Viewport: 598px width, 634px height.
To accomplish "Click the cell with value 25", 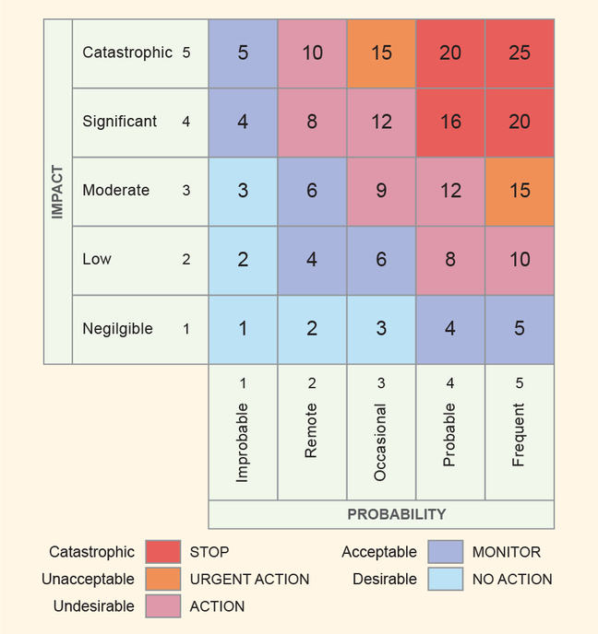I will (520, 53).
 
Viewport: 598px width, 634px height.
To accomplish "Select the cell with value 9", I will (381, 191).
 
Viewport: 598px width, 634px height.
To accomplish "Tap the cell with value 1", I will (243, 329).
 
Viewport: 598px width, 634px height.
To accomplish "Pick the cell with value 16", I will (450, 122).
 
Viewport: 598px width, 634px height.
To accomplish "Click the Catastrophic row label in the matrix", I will (127, 53).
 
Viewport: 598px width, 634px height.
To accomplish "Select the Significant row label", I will (120, 122).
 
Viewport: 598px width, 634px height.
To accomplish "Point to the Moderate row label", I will (116, 191).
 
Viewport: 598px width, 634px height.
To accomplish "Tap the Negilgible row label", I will (118, 329).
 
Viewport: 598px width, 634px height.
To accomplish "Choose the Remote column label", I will (312, 431).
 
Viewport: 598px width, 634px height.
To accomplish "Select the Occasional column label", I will (381, 441).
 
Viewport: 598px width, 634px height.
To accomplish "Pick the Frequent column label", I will (520, 435).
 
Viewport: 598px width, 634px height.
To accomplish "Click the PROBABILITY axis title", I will (397, 514).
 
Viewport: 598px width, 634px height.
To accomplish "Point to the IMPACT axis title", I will (57, 192).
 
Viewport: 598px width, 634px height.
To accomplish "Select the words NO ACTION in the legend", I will (512, 580).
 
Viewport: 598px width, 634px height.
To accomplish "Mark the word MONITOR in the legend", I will (506, 552).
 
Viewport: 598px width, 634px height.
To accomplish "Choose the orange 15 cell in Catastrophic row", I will (381, 53).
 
